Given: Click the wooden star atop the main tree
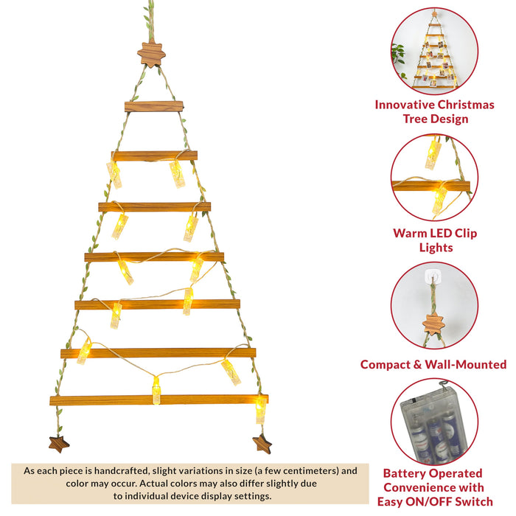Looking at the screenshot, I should point(151,54).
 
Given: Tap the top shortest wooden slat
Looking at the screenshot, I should point(154,106).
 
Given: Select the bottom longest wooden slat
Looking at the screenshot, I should point(158,400).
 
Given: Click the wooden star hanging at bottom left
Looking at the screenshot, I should point(58,443).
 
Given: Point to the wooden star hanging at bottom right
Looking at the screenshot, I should point(262,443).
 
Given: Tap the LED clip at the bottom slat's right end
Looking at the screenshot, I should point(260,409).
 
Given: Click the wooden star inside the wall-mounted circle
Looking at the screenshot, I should point(433,323).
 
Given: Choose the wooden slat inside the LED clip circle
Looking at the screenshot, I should point(431,186).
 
